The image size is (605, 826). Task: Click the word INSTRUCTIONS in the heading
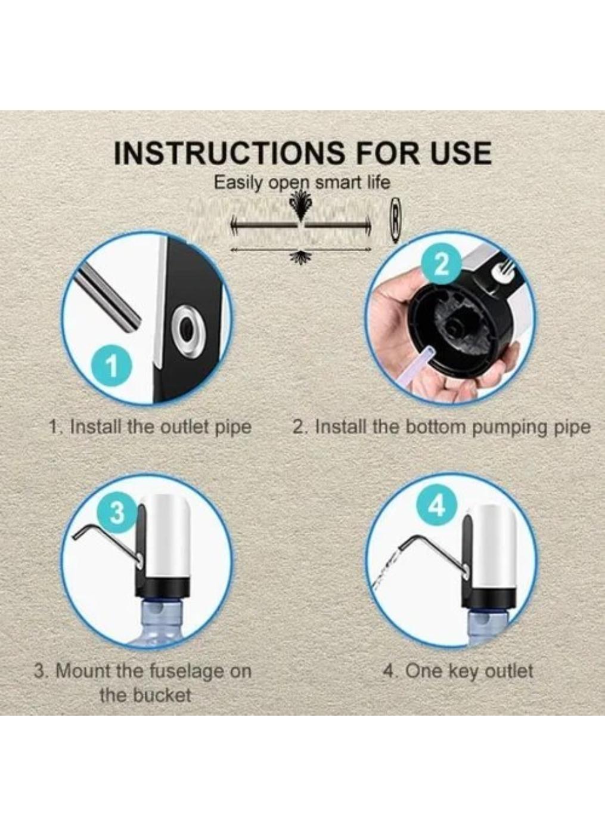pos(229,153)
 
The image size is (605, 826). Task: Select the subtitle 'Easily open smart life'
pos(302,182)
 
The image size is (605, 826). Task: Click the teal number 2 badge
pos(440,263)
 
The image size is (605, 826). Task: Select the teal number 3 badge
pos(117,511)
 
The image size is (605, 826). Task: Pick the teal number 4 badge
pos(437,506)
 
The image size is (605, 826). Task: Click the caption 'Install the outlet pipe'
pos(150,427)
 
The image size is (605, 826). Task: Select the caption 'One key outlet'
pos(458,671)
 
